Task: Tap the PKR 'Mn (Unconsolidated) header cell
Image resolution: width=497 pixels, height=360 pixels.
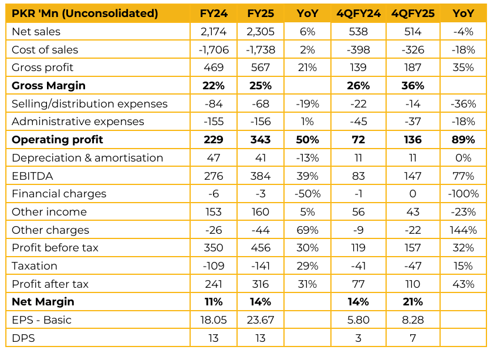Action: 85,14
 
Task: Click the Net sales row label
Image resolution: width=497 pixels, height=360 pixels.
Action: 36,32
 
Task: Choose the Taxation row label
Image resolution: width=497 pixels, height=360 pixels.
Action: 35,266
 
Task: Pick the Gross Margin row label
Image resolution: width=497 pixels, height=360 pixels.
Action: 49,86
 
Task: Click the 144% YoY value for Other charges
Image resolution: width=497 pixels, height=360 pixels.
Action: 464,230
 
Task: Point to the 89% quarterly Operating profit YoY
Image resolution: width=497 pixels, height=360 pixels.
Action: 464,140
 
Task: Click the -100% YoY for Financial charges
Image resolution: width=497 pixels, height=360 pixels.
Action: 464,194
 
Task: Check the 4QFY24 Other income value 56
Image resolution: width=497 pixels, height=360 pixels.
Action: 357,212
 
